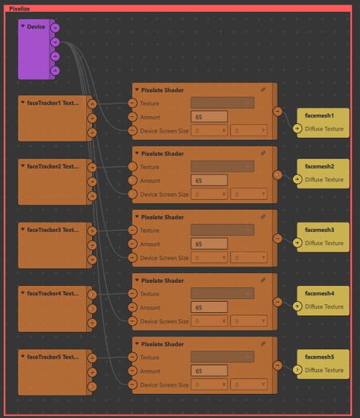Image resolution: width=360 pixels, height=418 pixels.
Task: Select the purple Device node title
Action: (36, 27)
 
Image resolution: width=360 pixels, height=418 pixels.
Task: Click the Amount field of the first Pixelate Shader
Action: (210, 117)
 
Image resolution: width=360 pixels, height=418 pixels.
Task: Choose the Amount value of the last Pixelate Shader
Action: (210, 371)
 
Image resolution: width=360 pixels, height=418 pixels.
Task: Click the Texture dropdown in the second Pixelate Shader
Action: (222, 166)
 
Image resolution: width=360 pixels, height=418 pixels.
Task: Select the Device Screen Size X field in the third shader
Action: (210, 258)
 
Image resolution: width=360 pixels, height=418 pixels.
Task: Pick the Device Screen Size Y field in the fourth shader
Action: (249, 321)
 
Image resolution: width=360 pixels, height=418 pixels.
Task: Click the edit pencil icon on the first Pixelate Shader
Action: (264, 90)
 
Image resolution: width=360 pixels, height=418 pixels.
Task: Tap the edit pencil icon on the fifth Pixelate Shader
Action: (264, 344)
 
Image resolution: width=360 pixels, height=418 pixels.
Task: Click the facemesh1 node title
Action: (319, 115)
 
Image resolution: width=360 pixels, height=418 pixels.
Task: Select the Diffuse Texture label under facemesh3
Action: (324, 243)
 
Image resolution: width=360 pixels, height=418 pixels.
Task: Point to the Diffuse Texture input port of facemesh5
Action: (297, 371)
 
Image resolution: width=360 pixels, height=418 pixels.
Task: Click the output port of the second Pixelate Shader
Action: (277, 175)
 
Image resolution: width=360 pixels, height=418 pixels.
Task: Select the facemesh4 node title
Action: (319, 293)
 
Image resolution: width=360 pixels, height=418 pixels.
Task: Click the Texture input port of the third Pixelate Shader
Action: (132, 231)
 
